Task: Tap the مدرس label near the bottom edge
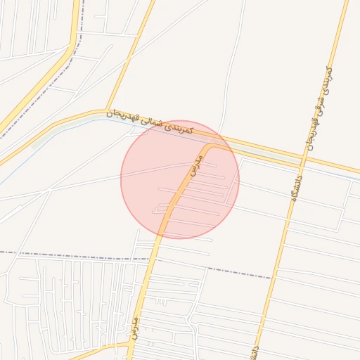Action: [x=131, y=327]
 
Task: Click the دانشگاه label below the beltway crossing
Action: [x=290, y=191]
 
